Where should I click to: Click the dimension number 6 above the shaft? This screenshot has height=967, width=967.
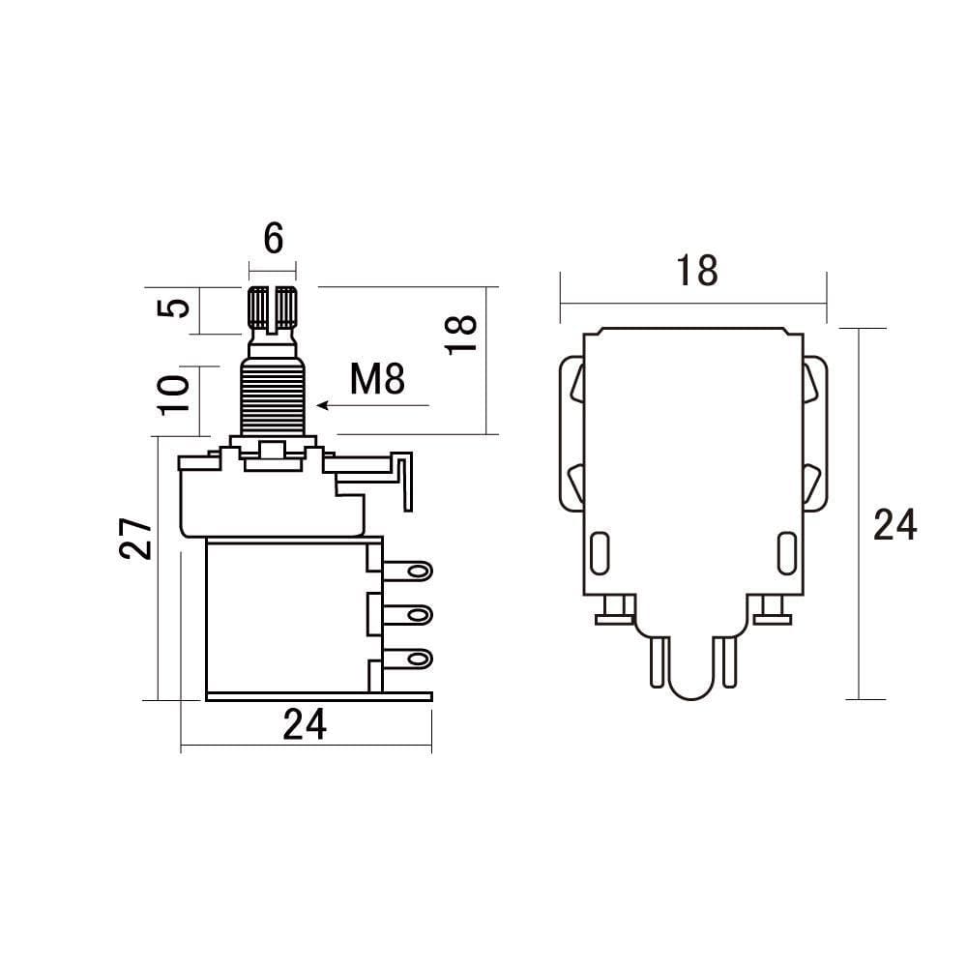(274, 237)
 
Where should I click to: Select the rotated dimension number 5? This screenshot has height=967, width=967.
(174, 309)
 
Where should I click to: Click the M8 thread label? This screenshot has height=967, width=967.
(377, 380)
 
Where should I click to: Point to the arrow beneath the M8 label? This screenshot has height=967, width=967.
(372, 406)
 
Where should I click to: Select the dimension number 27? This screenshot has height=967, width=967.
(137, 538)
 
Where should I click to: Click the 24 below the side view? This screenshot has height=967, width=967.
(305, 724)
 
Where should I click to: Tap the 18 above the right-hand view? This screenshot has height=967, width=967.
(696, 271)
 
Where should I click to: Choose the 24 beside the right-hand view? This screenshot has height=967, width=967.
(894, 525)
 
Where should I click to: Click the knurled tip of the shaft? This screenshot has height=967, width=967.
(273, 308)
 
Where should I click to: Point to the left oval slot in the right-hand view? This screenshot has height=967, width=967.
(600, 553)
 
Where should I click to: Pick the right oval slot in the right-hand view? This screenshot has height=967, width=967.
(785, 553)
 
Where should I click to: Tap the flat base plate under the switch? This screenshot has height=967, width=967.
(319, 695)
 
